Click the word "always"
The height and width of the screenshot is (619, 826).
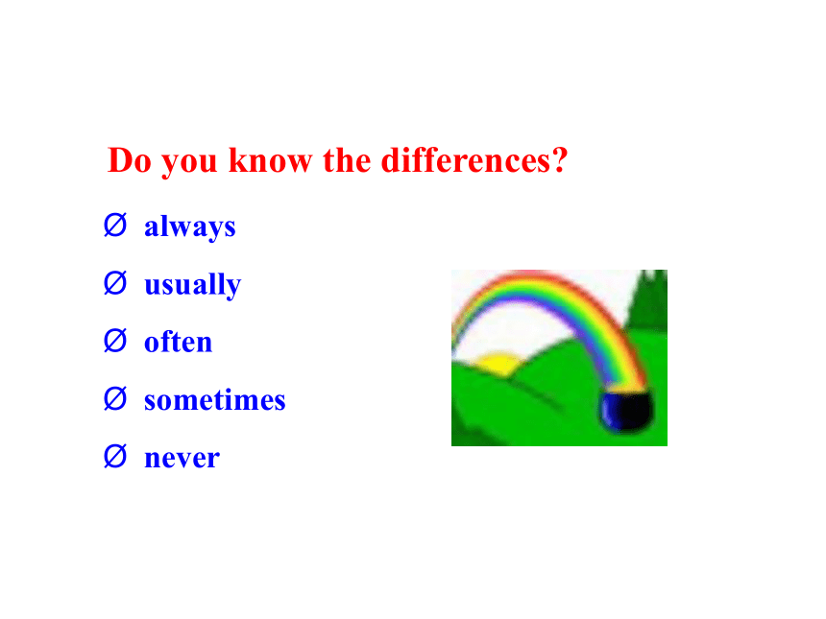[x=189, y=227]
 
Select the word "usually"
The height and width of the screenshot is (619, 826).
[x=193, y=285]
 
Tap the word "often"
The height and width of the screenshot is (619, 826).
[x=178, y=342]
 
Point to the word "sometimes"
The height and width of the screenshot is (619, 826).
[x=215, y=399]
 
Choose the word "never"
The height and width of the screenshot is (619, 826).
[x=182, y=458]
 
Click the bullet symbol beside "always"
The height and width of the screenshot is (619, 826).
[x=115, y=226]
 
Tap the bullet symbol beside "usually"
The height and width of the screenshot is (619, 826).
[x=115, y=283]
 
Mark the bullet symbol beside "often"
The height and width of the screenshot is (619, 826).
[x=115, y=341]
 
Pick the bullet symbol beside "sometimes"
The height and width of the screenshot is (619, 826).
[x=115, y=398]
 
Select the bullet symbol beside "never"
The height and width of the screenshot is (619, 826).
[x=115, y=457]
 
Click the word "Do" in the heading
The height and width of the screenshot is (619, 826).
[x=130, y=160]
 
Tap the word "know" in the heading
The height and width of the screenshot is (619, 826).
[x=270, y=160]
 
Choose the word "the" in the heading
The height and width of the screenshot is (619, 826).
[x=347, y=160]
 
